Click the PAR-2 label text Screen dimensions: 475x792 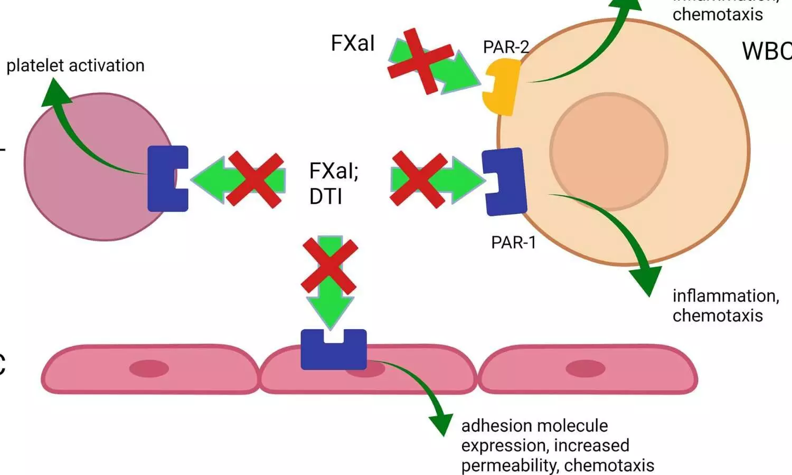(x=505, y=47)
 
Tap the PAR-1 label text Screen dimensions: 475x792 (x=513, y=242)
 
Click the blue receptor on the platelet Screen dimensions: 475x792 (x=167, y=178)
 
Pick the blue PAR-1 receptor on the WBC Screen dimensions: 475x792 (x=504, y=181)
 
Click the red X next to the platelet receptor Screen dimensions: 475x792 (x=255, y=179)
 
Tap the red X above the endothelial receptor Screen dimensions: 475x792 (x=329, y=265)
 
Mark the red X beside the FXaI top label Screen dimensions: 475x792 (x=420, y=61)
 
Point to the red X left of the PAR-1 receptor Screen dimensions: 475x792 (x=418, y=179)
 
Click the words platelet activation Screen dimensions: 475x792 (x=75, y=65)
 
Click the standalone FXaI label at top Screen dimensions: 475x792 (x=353, y=43)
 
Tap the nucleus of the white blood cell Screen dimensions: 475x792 (x=608, y=152)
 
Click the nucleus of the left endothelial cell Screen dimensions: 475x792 (x=149, y=368)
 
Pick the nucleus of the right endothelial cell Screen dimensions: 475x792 (x=586, y=368)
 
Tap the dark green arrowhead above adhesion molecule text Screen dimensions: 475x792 (x=441, y=423)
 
